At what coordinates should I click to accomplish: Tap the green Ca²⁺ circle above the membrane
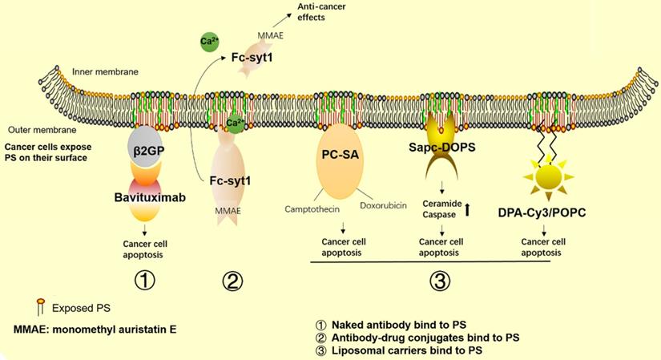point(205,39)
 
